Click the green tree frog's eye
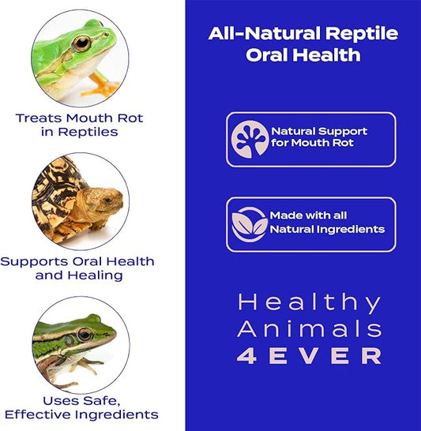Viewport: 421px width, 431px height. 81,43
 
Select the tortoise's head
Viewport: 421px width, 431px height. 107,200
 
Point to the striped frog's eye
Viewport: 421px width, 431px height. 83,335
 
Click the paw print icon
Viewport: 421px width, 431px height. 250,139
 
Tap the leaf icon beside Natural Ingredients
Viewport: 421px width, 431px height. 250,224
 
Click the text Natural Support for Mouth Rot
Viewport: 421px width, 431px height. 319,137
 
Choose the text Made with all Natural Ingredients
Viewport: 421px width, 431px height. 327,223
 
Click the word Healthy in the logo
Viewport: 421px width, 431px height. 310,303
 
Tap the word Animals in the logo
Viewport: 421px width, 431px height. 310,329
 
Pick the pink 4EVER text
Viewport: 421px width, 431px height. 310,356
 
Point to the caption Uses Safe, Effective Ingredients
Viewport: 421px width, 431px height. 81,407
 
